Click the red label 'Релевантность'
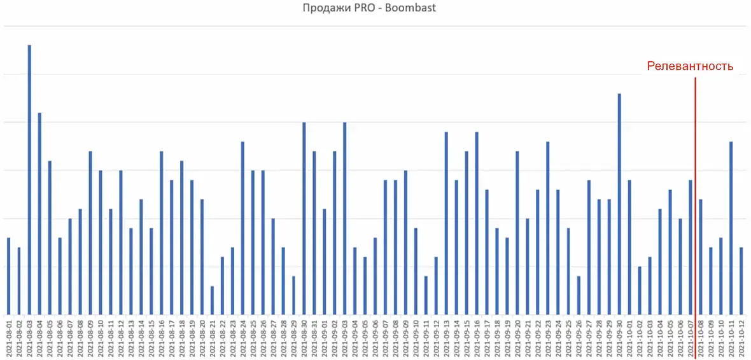(x=690, y=66)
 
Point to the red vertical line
(x=695, y=191)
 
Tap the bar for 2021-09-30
(x=619, y=204)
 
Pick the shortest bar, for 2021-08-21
(x=213, y=300)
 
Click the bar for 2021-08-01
(x=9, y=276)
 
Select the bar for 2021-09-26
(x=579, y=295)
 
